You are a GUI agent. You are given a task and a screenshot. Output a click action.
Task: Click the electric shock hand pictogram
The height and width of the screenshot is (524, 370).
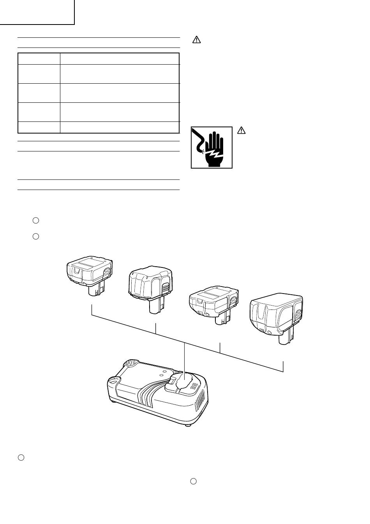click(211, 147)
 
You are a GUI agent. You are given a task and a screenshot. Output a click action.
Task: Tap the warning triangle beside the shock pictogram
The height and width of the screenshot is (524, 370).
click(241, 131)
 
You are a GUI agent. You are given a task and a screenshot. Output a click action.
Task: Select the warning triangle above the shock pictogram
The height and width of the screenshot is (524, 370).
click(197, 40)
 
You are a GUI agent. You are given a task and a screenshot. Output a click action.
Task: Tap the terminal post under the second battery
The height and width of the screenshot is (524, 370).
click(156, 306)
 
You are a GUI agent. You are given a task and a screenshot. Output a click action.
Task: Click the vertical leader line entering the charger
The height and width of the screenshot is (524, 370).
click(183, 358)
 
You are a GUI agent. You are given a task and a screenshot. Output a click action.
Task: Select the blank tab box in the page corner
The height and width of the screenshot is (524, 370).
click(37, 12)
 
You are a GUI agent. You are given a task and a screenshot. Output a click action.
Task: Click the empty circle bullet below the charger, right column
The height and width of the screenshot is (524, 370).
click(193, 482)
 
